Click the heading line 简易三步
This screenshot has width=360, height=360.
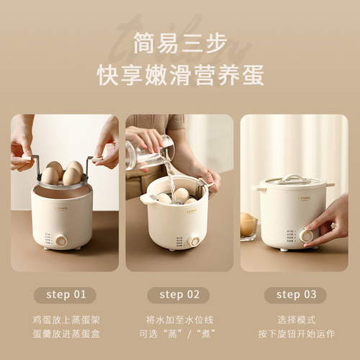[179, 41]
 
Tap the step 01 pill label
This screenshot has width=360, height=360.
[65, 294]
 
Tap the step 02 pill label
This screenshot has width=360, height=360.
[179, 294]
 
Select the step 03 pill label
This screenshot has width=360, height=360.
[294, 294]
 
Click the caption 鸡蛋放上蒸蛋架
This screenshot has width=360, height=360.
[65, 318]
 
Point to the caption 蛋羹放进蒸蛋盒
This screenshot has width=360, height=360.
[65, 333]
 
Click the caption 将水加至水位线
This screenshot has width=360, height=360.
[179, 318]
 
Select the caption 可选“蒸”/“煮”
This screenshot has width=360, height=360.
[179, 333]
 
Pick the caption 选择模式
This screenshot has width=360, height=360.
[294, 318]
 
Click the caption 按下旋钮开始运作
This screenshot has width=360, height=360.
[294, 333]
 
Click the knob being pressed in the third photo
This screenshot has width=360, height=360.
[307, 235]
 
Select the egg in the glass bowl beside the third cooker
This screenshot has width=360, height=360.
[248, 222]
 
